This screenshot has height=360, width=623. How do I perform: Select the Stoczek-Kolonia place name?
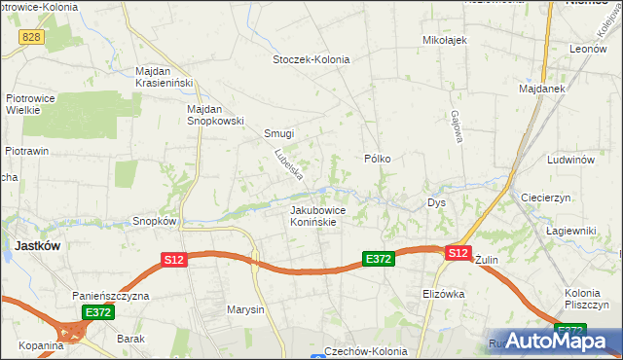311,58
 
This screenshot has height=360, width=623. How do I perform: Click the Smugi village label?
278,134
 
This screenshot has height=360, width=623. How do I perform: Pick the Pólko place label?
377,158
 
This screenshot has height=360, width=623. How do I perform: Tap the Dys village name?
436,203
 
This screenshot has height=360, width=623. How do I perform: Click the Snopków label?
154,221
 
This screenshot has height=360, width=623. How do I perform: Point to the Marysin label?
245,310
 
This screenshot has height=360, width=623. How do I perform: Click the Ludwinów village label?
570,159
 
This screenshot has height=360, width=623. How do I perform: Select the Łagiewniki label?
570,231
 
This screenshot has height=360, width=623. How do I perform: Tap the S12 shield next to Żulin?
458,253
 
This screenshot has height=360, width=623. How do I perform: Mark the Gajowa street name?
455,126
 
